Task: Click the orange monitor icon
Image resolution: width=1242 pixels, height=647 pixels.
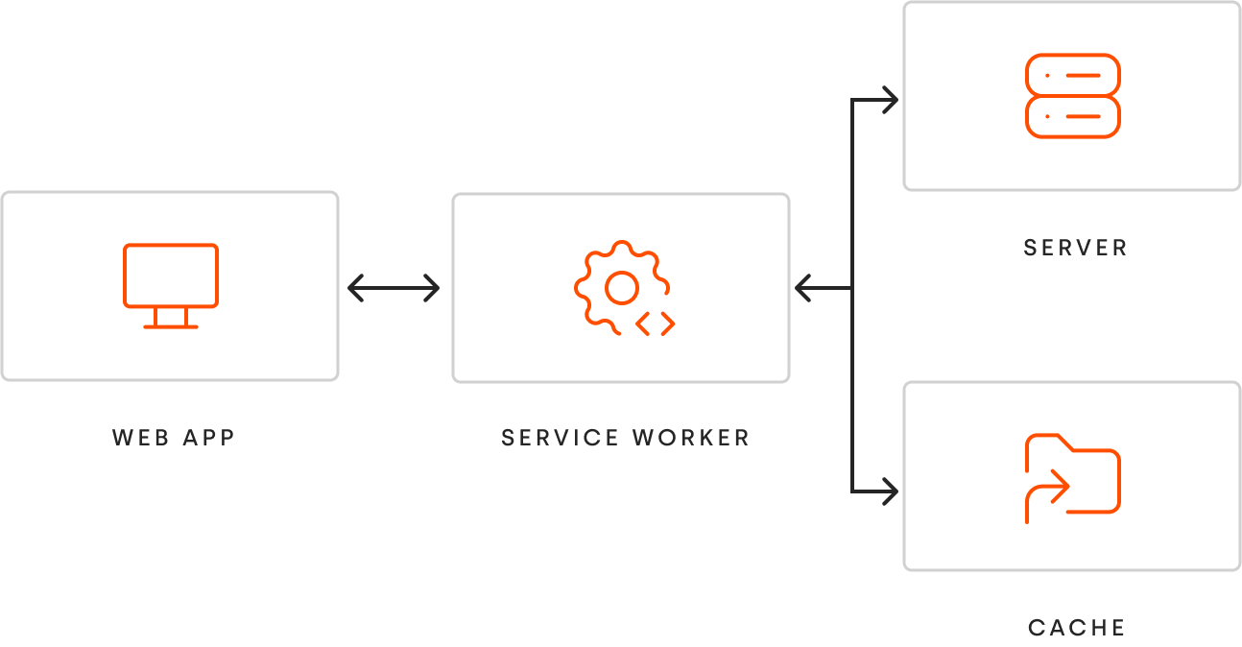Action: (171, 286)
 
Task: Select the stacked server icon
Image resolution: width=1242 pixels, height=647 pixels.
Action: (1073, 96)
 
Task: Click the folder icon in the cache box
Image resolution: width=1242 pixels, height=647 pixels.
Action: (1073, 478)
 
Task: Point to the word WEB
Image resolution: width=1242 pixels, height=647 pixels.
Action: (140, 438)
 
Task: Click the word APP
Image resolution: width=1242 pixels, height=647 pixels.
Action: (209, 438)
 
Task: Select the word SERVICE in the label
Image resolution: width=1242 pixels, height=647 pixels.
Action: (560, 438)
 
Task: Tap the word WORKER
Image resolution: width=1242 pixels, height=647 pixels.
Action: (691, 438)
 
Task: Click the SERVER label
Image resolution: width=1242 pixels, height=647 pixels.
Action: (1075, 248)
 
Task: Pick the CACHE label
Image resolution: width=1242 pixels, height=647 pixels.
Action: (1076, 628)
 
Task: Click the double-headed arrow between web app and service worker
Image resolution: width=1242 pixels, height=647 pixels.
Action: (394, 288)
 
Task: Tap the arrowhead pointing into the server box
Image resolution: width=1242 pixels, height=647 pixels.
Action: (890, 100)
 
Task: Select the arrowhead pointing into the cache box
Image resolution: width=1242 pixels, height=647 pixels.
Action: (890, 491)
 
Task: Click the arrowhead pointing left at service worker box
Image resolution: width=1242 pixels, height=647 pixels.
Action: (803, 288)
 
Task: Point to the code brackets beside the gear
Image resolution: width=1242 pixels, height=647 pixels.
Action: (656, 324)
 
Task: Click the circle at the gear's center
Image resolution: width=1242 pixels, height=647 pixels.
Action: (622, 288)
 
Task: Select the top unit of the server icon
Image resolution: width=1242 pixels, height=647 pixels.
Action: (1073, 76)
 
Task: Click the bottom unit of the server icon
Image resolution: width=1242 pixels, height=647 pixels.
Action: (1073, 117)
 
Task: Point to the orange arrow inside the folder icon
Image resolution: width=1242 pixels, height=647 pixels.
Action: (1047, 496)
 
